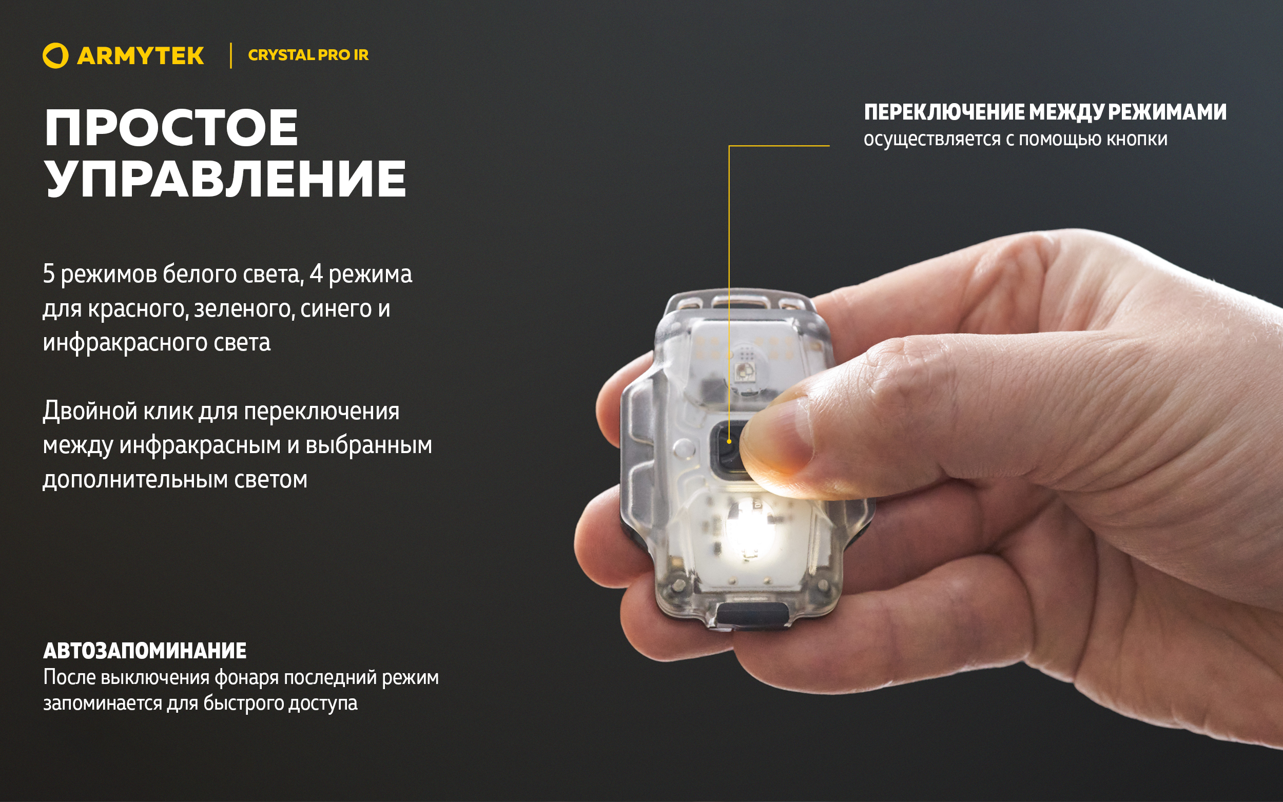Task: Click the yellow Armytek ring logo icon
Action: pyautogui.click(x=55, y=56)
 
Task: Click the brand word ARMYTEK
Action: pyautogui.click(x=141, y=56)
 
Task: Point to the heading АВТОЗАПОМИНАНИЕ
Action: pyautogui.click(x=145, y=651)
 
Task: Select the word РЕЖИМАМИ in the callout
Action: pyautogui.click(x=1168, y=112)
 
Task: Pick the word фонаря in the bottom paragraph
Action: pyautogui.click(x=246, y=677)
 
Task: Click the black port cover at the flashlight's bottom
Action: pyautogui.click(x=751, y=615)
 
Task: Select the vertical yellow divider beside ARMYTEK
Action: pyautogui.click(x=231, y=56)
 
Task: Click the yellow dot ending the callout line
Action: pyautogui.click(x=729, y=441)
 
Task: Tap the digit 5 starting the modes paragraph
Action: pyautogui.click(x=48, y=273)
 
